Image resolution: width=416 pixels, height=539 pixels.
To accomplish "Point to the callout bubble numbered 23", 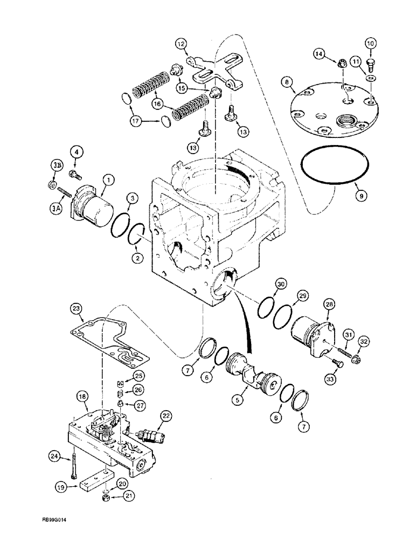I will (x=76, y=308).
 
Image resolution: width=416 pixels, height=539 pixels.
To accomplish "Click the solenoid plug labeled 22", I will (x=148, y=434).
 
